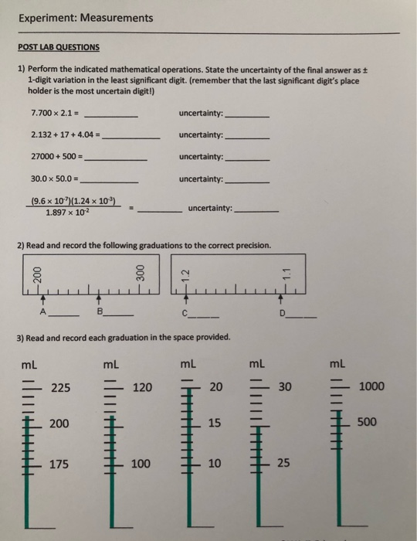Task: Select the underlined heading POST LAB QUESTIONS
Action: click(58, 46)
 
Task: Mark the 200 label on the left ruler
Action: click(35, 273)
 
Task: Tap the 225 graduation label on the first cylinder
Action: click(61, 386)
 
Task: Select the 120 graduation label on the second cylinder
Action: click(143, 386)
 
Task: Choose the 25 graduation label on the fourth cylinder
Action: click(283, 464)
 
